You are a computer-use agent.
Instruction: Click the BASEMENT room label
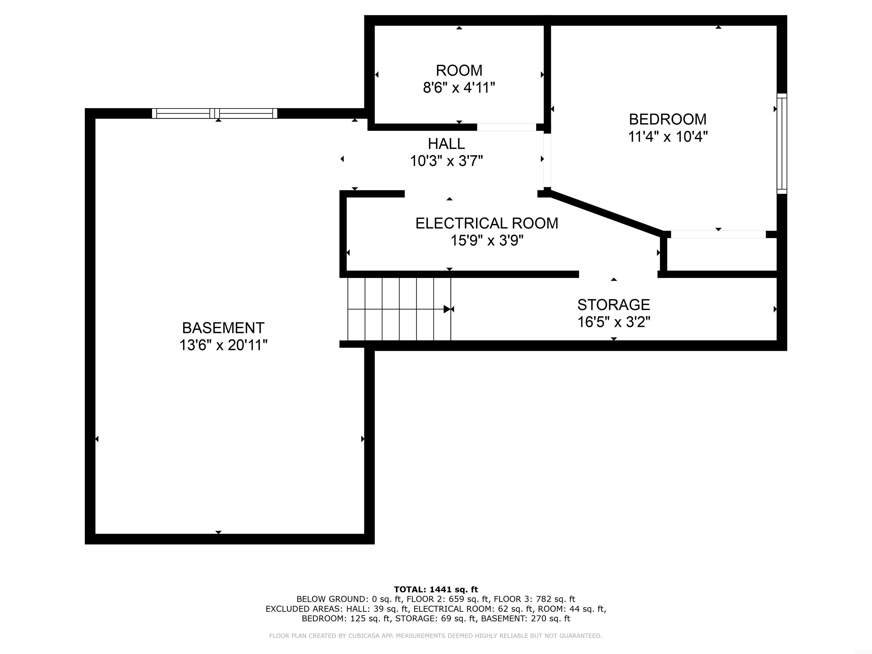point(223,328)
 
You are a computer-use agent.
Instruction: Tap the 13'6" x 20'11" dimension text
point(223,345)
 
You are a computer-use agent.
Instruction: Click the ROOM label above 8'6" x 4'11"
point(459,71)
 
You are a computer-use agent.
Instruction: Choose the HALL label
point(446,144)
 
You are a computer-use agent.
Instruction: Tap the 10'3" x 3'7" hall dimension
point(446,161)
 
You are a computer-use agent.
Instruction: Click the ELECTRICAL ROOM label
point(487,223)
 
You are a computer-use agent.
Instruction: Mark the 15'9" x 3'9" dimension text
point(487,240)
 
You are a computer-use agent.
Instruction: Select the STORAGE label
point(613,305)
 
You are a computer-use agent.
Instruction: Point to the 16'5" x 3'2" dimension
point(613,322)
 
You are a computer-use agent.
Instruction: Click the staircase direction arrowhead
point(447,309)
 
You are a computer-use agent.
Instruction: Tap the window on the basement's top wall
point(215,114)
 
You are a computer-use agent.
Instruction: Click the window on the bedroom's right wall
point(781,144)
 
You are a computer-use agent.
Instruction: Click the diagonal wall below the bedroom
point(605,213)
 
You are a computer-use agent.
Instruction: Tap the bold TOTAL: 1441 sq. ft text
point(436,589)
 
